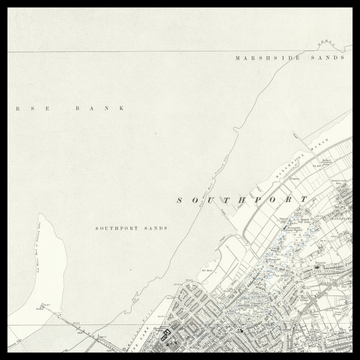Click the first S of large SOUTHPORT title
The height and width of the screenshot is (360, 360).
click(180, 200)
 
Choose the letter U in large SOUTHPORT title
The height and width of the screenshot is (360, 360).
click(212, 200)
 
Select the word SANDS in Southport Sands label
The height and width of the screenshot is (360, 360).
click(155, 228)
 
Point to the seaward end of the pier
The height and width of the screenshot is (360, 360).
click(40, 304)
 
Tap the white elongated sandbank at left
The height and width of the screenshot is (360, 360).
click(45, 255)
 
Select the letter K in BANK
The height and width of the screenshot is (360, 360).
click(122, 107)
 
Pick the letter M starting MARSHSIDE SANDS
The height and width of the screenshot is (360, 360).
click(238, 58)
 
